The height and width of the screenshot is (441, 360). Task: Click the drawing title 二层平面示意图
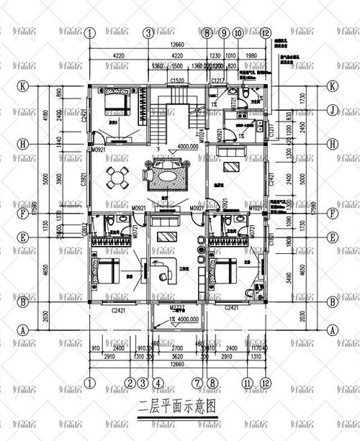179,424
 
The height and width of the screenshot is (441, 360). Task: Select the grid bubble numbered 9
224,32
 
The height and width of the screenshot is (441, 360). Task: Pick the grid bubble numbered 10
238,32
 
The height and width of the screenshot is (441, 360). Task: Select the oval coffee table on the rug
168,173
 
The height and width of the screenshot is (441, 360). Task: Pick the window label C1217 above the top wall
218,81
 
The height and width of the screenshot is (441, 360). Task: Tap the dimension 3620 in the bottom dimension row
178,355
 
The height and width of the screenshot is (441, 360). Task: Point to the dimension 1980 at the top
251,55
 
